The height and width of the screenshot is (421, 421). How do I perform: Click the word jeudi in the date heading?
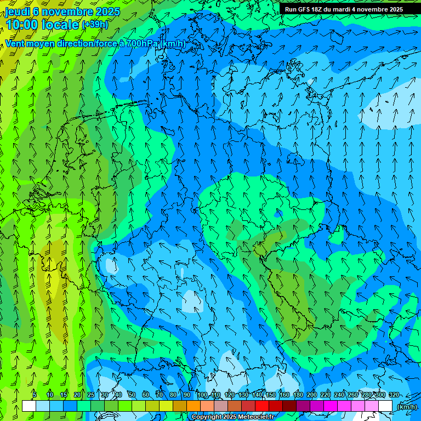pos(18,12)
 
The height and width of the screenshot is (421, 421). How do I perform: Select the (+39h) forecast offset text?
pos(95,25)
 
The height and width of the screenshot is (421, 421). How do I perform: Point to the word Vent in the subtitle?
pos(15,43)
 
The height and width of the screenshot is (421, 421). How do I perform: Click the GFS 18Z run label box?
pos(344,9)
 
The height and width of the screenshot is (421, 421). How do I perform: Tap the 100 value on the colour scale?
pos(202,395)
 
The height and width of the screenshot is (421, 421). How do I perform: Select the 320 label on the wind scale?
pos(394,395)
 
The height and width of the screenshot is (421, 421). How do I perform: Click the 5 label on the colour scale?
pos(35,395)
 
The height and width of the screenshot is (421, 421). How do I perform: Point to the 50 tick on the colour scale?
pos(132,395)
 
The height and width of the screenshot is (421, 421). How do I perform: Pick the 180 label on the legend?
pos(298,395)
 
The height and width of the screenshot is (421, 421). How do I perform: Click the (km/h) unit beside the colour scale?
pos(407,407)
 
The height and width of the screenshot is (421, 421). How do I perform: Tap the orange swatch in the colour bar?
pos(193,406)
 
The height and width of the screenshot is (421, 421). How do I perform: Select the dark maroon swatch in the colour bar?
pos(289,406)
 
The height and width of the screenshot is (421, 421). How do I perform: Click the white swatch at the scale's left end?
pos(29,406)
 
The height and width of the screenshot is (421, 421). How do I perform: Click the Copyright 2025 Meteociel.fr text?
pos(232,417)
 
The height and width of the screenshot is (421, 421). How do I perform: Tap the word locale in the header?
pos(61,25)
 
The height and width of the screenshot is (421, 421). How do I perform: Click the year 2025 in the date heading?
pos(107,12)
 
